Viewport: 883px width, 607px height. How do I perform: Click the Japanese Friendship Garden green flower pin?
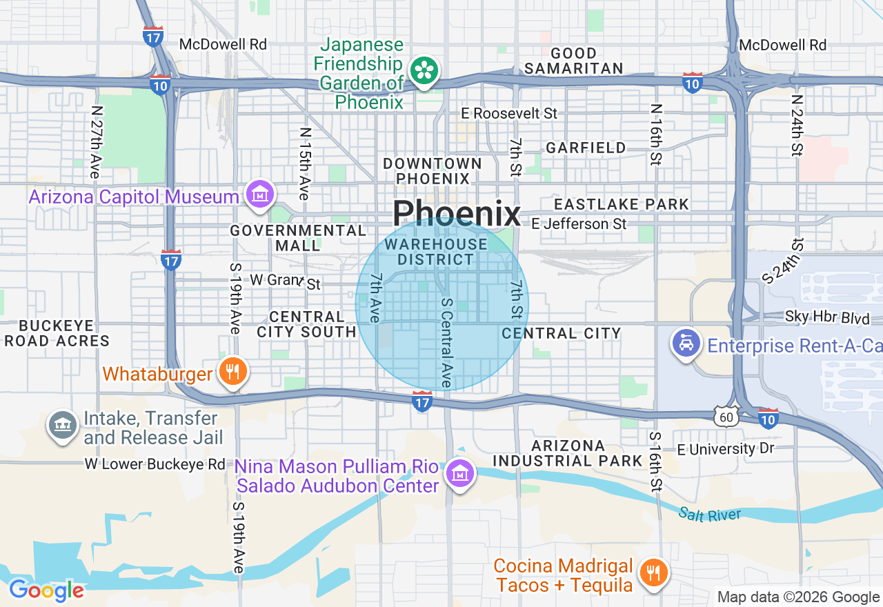click(x=424, y=70)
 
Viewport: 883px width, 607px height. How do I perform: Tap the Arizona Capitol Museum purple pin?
click(x=259, y=195)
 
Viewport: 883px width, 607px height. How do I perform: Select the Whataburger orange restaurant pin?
click(x=233, y=372)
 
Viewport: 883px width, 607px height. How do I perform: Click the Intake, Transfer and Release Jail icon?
click(x=62, y=425)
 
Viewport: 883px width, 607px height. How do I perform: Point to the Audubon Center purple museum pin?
click(x=459, y=474)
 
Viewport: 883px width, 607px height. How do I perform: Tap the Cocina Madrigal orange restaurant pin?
click(x=652, y=573)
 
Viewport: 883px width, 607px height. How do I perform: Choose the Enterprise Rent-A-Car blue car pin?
click(x=686, y=343)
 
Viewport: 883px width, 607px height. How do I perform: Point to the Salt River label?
click(x=709, y=515)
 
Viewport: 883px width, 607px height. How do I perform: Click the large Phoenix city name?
click(x=457, y=214)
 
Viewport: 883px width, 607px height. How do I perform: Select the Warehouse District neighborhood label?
click(x=436, y=252)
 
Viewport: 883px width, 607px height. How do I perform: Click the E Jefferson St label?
click(x=579, y=223)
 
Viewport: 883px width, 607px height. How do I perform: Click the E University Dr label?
click(x=726, y=449)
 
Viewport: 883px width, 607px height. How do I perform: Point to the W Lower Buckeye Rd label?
click(x=155, y=464)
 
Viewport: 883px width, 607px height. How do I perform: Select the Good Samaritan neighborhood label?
click(x=574, y=61)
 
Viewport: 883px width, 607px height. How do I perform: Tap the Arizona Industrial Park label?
click(x=568, y=453)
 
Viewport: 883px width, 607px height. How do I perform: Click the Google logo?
click(x=46, y=591)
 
